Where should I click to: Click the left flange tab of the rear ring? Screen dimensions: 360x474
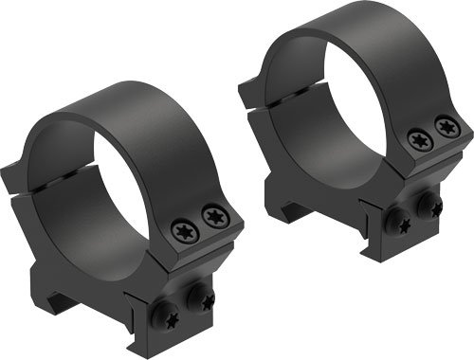(x=249, y=90)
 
